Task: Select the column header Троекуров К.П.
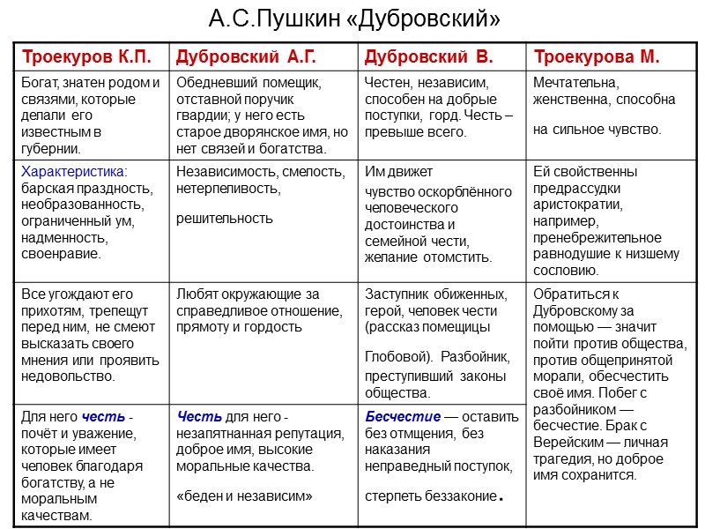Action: (85, 57)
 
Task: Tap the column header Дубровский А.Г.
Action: (246, 57)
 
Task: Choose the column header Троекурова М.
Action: (597, 57)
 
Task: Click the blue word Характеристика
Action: (73, 171)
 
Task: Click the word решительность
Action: (225, 218)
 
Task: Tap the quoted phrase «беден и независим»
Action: (245, 495)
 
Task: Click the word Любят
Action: (196, 294)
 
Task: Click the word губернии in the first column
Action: (51, 148)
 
